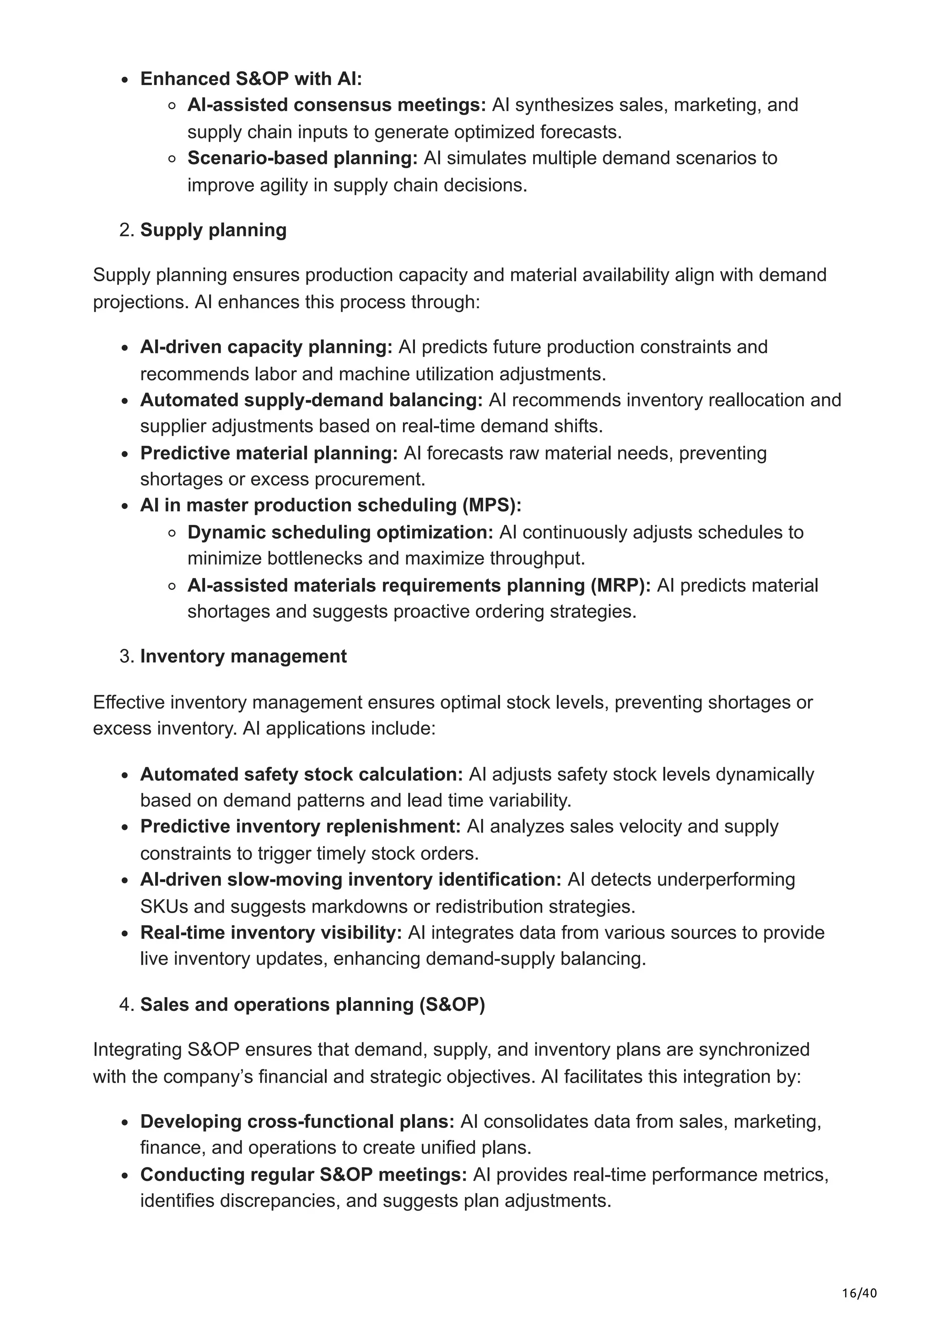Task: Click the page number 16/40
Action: pos(859,1277)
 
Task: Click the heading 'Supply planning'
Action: pos(213,230)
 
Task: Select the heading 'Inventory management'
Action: pos(243,657)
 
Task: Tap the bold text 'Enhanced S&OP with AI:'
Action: pos(251,79)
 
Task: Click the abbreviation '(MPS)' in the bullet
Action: pos(491,506)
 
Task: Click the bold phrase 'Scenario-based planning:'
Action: pos(302,158)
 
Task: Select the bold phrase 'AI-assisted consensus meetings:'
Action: pos(337,106)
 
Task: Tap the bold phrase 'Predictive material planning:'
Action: pos(269,453)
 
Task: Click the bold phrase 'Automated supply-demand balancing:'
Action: pos(311,400)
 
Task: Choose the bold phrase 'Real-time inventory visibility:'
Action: pos(271,933)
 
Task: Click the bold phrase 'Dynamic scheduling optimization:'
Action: pos(340,532)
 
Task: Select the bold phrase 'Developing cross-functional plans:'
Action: pos(297,1121)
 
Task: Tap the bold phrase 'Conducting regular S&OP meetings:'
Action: pos(303,1175)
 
